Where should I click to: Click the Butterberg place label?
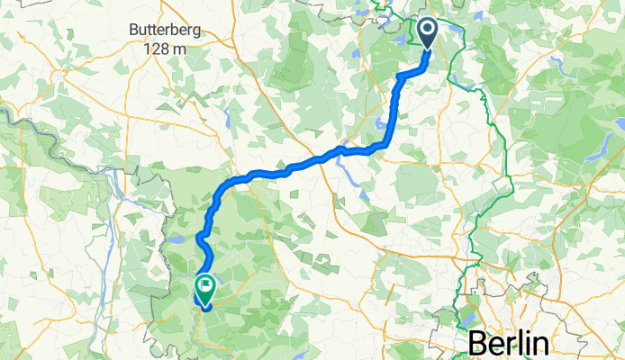pos(164,29)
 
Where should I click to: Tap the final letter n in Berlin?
pos(541,346)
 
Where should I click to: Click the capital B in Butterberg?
pos(134,29)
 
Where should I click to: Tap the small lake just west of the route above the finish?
pos(177,240)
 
